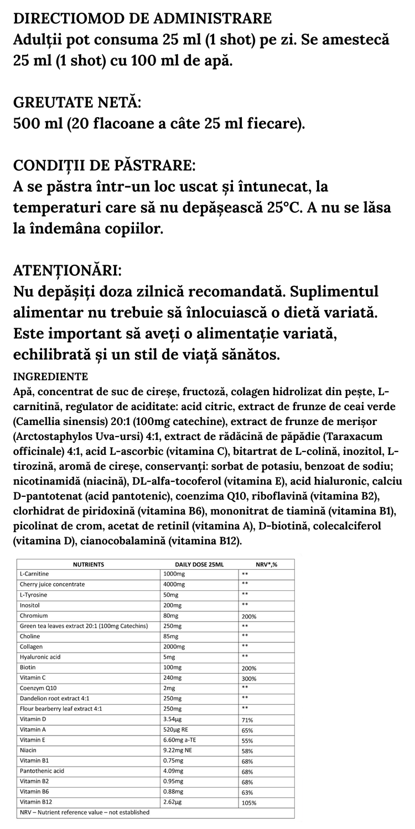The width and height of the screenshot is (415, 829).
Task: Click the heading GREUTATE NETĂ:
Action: (77, 103)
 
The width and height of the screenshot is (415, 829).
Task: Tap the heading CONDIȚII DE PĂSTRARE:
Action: (103, 166)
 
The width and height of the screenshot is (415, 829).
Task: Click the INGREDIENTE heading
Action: (50, 377)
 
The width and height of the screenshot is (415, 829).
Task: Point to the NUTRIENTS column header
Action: (89, 564)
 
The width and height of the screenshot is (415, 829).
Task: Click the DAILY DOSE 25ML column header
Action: (199, 564)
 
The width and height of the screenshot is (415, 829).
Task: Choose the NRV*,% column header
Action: (266, 564)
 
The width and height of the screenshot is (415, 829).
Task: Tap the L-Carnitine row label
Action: (34, 574)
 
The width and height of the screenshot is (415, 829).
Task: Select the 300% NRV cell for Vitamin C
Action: (249, 678)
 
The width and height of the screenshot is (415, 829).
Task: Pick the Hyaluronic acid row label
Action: (40, 657)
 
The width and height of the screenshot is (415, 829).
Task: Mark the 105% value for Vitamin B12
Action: (249, 803)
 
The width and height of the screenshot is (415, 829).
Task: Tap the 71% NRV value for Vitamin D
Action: (247, 720)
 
